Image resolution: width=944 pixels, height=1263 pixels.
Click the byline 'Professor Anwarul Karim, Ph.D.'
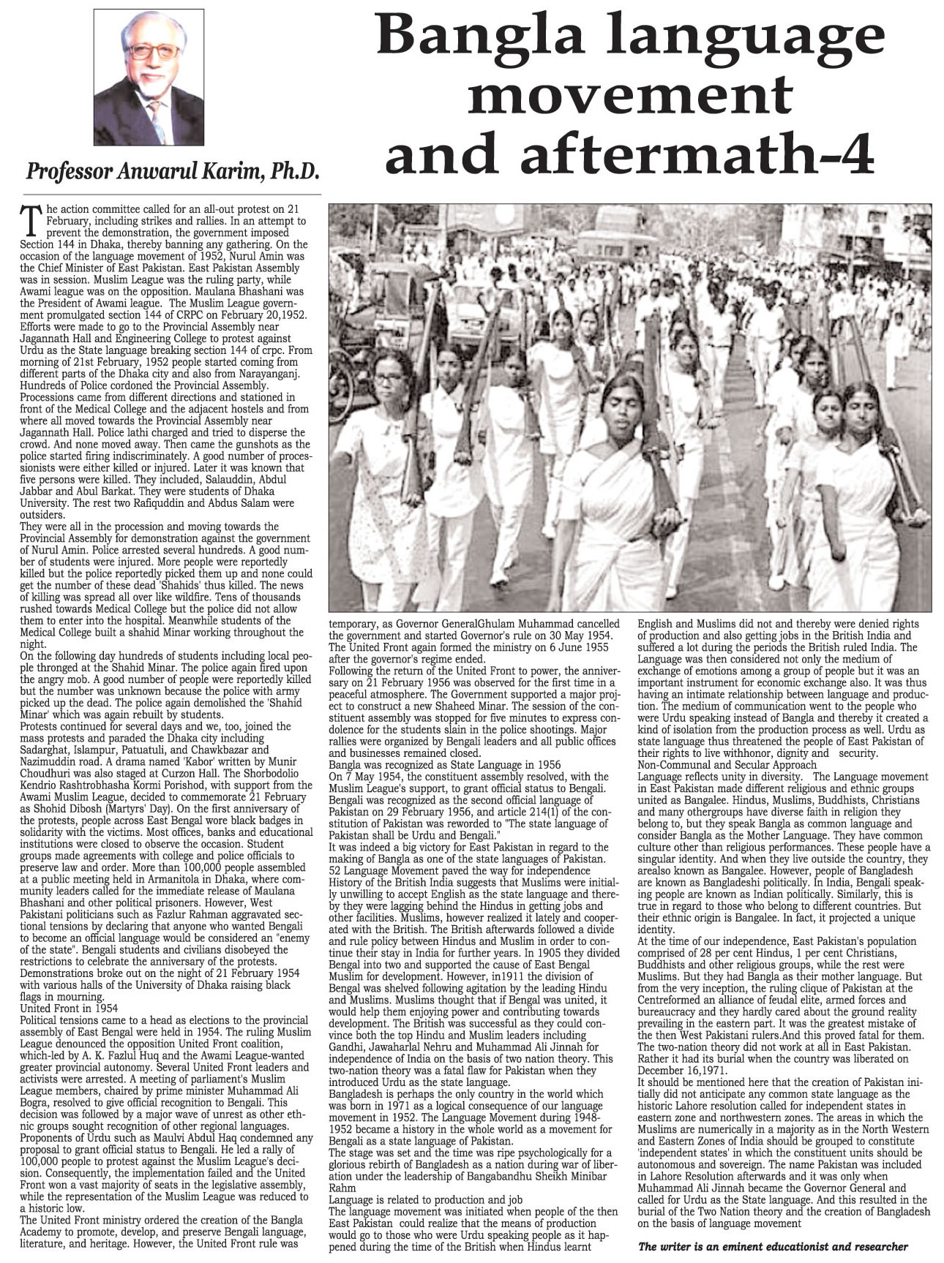tap(173, 172)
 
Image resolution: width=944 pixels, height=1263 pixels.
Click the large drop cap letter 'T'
tap(30, 218)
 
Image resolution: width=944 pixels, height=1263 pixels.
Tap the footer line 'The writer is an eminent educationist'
tap(773, 1247)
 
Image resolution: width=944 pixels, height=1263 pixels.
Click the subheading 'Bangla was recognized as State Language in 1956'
tap(445, 764)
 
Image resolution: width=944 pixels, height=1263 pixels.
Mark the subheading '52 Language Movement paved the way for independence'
tap(460, 871)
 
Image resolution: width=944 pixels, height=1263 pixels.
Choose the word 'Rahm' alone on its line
tap(342, 1188)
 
